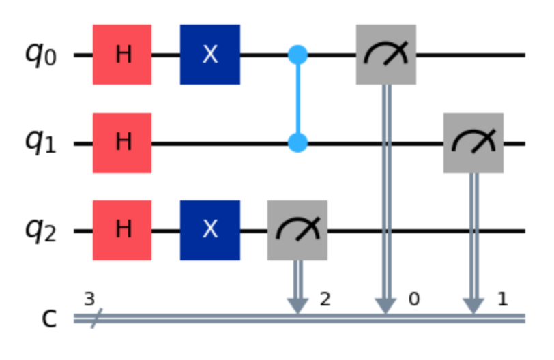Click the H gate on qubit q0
point(122,55)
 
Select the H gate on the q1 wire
point(122,142)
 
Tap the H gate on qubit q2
point(122,230)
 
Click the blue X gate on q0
point(210,55)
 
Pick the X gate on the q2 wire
point(210,230)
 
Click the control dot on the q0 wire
point(297,55)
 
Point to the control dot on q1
point(297,142)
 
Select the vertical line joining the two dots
point(297,99)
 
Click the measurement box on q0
point(385,55)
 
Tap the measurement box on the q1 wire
point(473,142)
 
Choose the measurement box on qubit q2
point(297,230)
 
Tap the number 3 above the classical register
point(88,298)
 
